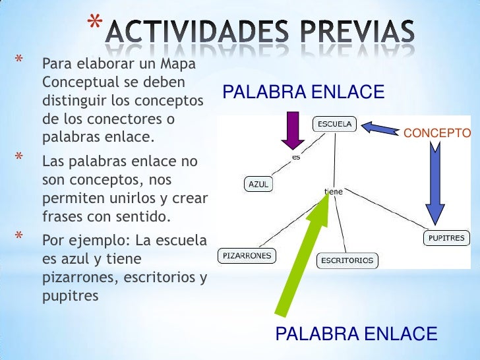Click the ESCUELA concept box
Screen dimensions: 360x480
click(335, 124)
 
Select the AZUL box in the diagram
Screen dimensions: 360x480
click(258, 185)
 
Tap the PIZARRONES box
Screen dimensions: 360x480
click(245, 255)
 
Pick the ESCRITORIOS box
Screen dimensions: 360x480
click(347, 260)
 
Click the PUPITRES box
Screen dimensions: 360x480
click(446, 238)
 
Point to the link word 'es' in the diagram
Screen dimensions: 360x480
click(296, 158)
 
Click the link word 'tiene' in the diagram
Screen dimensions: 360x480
click(334, 192)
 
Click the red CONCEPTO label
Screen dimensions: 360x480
click(436, 134)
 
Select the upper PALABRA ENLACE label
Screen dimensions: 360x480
click(303, 92)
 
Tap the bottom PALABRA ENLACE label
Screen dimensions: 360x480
click(356, 334)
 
